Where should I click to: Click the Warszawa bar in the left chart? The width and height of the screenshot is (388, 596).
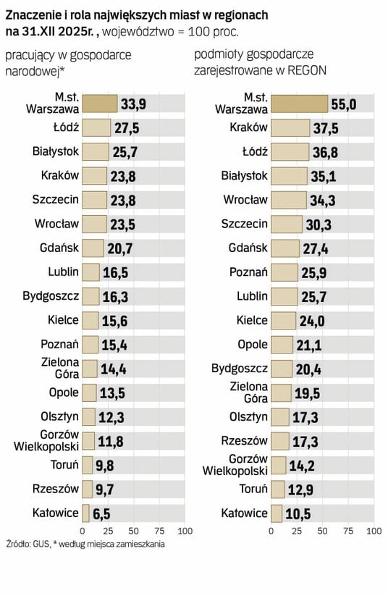[x=100, y=104]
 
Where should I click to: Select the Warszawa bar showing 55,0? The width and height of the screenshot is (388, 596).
[x=300, y=104]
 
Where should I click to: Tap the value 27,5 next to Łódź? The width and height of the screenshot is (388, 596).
[x=127, y=128]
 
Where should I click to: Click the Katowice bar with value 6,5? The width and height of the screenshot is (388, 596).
[x=86, y=513]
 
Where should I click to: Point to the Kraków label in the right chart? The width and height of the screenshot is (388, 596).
[x=248, y=127]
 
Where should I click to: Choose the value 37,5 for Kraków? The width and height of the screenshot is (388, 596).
[x=326, y=128]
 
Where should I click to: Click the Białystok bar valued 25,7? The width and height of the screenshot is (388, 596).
[x=96, y=152]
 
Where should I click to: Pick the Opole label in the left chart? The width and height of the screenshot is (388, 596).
[x=64, y=393]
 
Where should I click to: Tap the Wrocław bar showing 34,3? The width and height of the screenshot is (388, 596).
[x=289, y=201]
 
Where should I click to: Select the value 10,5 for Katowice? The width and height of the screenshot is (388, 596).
[x=298, y=514]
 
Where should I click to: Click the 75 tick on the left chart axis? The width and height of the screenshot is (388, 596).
[x=159, y=531]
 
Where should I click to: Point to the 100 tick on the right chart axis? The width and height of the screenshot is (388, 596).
[x=374, y=531]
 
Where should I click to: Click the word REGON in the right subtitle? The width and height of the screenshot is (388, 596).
[x=307, y=71]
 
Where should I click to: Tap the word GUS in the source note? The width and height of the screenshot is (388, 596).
[x=41, y=544]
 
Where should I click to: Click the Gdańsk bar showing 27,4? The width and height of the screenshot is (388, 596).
[x=285, y=248]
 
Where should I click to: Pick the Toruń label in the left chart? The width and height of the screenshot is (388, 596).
[x=64, y=464]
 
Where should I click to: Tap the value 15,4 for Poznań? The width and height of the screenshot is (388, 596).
[x=114, y=345]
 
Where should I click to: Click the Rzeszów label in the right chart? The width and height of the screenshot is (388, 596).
[x=245, y=441]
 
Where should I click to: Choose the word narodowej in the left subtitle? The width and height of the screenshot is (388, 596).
[x=33, y=71]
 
